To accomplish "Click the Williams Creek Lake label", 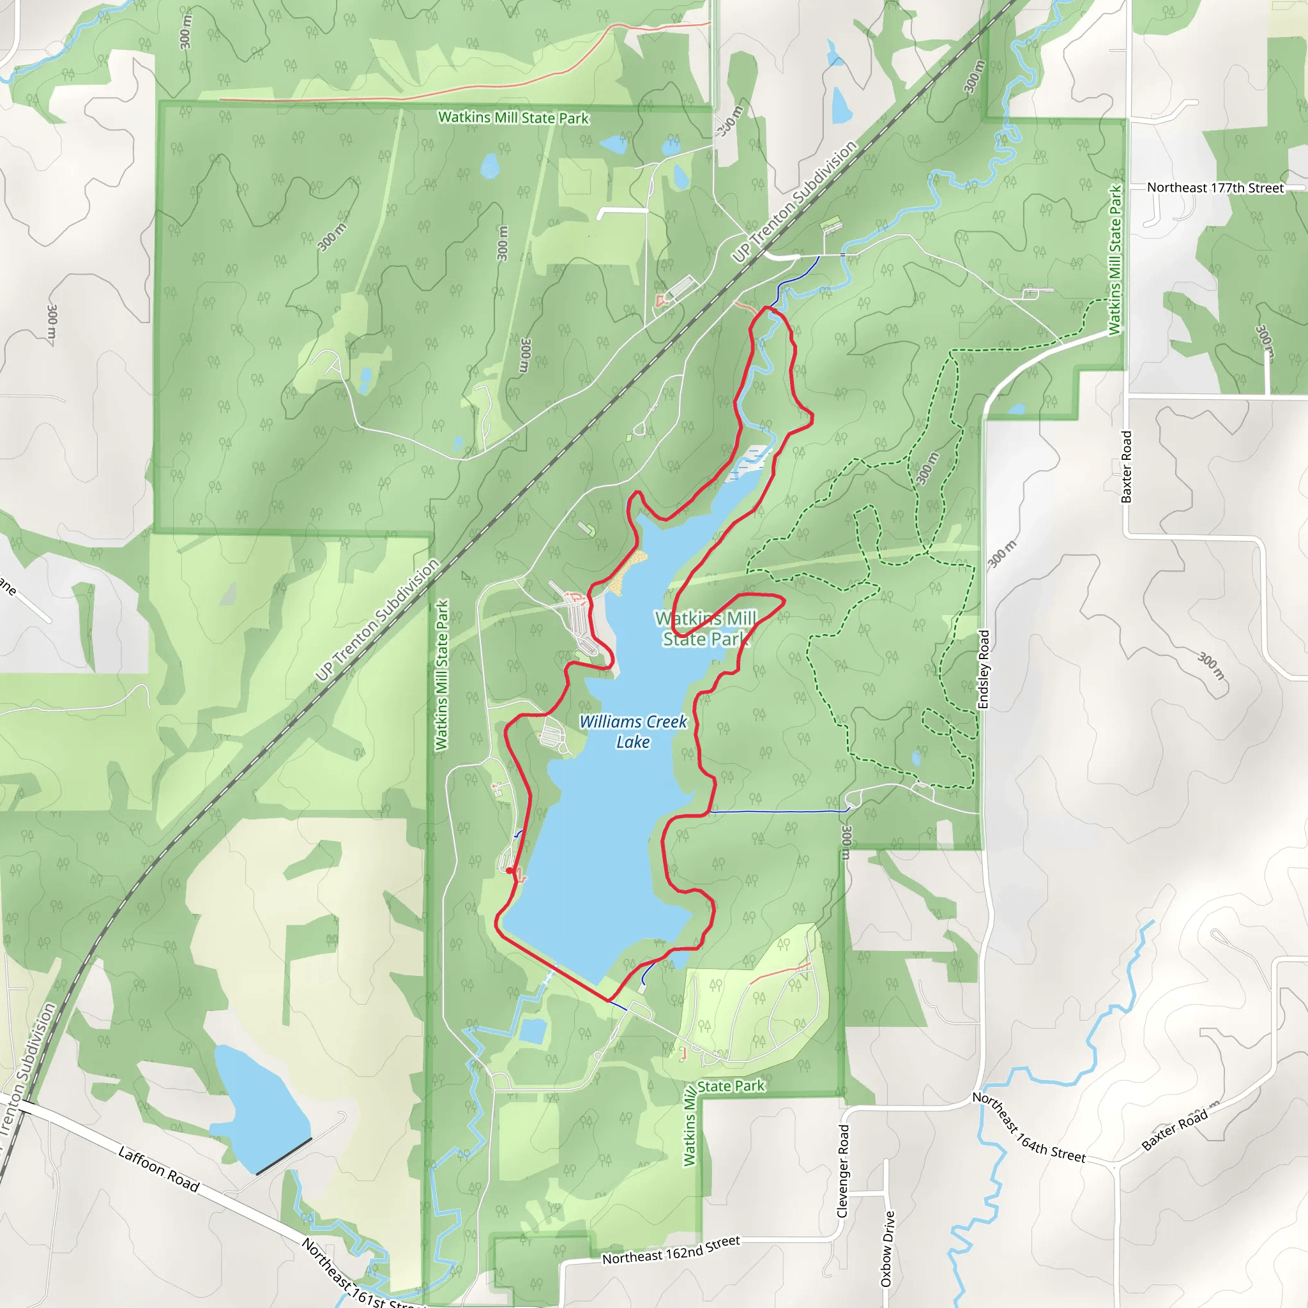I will click(632, 732).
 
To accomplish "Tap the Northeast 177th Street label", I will click(1215, 188).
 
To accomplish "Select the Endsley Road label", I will click(984, 669).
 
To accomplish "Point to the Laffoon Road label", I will click(158, 1169).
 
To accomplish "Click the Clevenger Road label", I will click(843, 1171).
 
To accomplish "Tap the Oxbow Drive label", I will click(887, 1249).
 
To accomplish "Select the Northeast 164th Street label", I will click(1028, 1128).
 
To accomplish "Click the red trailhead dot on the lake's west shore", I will click(510, 871).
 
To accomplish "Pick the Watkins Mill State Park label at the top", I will click(513, 118).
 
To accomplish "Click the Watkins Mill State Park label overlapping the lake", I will click(706, 628).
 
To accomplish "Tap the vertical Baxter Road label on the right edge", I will click(1127, 467).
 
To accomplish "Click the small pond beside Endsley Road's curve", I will click(1016, 409).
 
